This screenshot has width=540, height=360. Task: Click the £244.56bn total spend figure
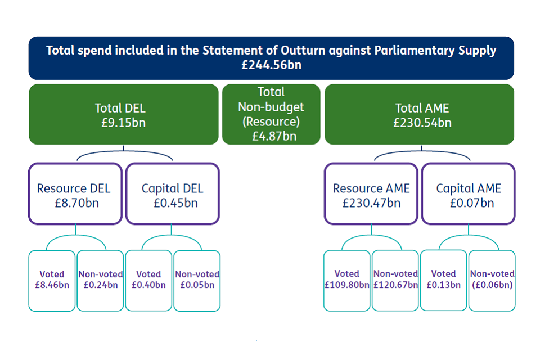pyautogui.click(x=271, y=65)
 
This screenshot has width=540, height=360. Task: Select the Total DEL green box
pyautogui.click(x=123, y=115)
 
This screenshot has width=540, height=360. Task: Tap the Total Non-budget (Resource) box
pyautogui.click(x=271, y=114)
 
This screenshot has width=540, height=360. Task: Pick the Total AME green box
pyautogui.click(x=419, y=115)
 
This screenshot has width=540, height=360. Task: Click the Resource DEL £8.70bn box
pyautogui.click(x=75, y=194)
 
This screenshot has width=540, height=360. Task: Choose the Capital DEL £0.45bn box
pyautogui.click(x=172, y=194)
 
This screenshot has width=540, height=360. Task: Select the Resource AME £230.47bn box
pyautogui.click(x=371, y=194)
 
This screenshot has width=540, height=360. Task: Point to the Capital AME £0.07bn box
pyautogui.click(x=468, y=194)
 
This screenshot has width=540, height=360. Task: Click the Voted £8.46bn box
pyautogui.click(x=52, y=280)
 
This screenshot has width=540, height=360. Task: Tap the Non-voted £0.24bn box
pyautogui.click(x=100, y=280)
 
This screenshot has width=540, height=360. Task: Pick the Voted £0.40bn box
pyautogui.click(x=148, y=280)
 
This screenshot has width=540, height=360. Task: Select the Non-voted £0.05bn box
pyautogui.click(x=197, y=280)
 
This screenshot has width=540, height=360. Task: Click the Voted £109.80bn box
pyautogui.click(x=346, y=280)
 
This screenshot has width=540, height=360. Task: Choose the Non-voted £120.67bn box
pyautogui.click(x=395, y=280)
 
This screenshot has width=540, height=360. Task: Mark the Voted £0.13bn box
pyautogui.click(x=443, y=280)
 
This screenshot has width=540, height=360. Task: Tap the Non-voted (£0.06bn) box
pyautogui.click(x=492, y=280)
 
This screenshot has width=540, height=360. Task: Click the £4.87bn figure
pyautogui.click(x=274, y=136)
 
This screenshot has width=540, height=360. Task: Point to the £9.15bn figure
pyautogui.click(x=123, y=122)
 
